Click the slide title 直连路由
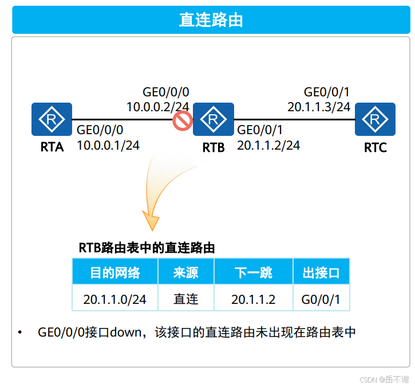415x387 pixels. pos(211,19)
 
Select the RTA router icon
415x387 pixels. pos(52,119)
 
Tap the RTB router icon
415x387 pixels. pos(214,119)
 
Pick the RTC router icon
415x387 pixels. pos(375,119)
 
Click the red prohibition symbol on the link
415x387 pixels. pos(183,121)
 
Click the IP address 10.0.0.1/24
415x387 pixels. pos(108,146)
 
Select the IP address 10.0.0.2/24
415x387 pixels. pos(158,107)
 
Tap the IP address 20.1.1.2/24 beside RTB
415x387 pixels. pos(268,146)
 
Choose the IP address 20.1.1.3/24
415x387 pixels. pos(319,107)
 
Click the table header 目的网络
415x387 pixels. pos(114,273)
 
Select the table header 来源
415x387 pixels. pos(185,273)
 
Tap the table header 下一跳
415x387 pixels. pos(253,273)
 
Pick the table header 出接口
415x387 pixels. pos(321,273)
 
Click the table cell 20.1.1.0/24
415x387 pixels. pos(114,299)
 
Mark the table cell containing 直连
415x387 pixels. pos(185,299)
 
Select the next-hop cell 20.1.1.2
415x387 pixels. pos(253,299)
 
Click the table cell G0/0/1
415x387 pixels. pos(321,299)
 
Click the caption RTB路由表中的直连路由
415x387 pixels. pos(147,248)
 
